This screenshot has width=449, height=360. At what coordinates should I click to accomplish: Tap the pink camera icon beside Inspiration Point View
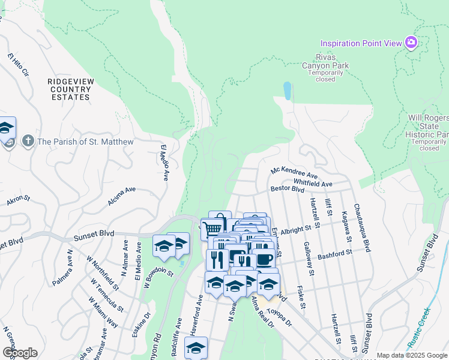click(x=411, y=43)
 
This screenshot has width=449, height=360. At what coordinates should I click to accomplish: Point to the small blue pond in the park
click(x=288, y=91)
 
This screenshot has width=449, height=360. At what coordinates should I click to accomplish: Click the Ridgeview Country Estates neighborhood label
click(x=70, y=88)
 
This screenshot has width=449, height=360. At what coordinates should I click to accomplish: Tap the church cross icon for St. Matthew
click(x=27, y=142)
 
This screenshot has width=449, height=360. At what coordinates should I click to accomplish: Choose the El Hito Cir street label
click(x=18, y=64)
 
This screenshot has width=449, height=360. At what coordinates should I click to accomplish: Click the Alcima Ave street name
click(x=122, y=196)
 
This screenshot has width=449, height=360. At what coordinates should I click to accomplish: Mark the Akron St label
click(x=18, y=200)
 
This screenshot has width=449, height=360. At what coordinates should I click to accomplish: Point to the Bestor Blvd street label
click(x=288, y=188)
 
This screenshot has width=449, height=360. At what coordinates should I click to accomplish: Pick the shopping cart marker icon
click(x=211, y=229)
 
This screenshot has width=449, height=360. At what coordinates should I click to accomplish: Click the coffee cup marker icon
click(x=264, y=259)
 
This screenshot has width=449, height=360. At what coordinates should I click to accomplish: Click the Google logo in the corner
click(x=20, y=352)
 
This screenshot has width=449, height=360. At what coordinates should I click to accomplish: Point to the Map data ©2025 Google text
click(x=411, y=355)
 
